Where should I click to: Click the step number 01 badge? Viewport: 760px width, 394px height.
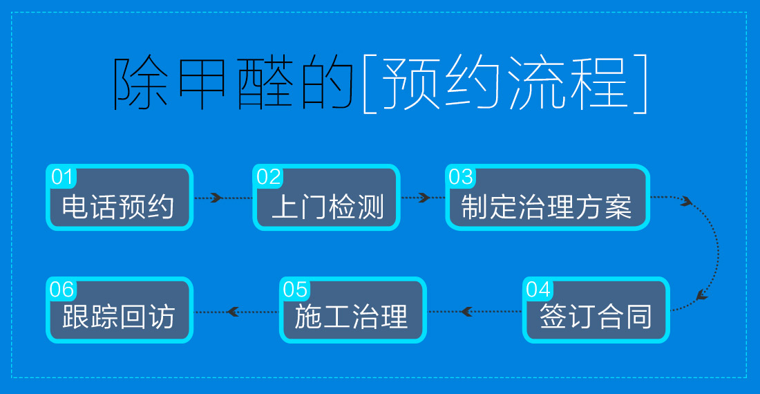click(x=62, y=177)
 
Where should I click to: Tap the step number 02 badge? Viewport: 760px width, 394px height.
click(x=269, y=177)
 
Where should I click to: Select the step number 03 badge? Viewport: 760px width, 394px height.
click(x=461, y=177)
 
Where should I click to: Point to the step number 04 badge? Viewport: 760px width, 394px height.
click(x=538, y=289)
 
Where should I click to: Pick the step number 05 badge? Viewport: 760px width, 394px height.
click(x=295, y=289)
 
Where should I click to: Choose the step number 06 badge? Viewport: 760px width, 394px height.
click(x=62, y=289)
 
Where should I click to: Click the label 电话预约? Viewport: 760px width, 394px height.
click(x=118, y=206)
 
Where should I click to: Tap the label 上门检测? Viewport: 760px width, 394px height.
click(x=327, y=206)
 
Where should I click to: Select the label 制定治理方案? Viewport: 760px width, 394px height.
click(x=547, y=206)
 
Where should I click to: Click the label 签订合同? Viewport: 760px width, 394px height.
click(x=596, y=317)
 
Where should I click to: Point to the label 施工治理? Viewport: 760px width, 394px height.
click(x=352, y=317)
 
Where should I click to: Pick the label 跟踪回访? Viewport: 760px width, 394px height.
click(x=118, y=317)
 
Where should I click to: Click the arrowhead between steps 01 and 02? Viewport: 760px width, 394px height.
click(x=216, y=198)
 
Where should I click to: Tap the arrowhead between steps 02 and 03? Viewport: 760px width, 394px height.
click(x=423, y=198)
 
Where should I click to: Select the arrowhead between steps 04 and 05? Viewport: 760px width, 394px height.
click(x=467, y=312)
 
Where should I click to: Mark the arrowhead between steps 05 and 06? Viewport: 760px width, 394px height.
click(x=233, y=312)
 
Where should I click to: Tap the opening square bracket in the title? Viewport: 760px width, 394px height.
click(x=367, y=84)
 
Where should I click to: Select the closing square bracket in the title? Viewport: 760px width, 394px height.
click(x=642, y=84)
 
